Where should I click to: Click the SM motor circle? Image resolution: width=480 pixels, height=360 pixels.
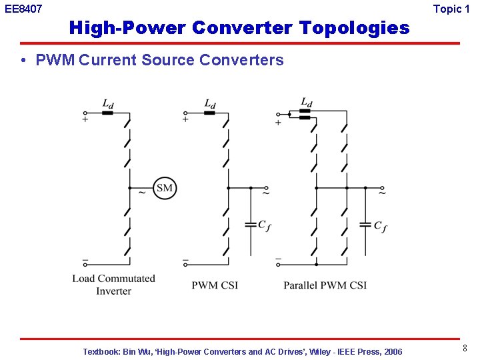point(164,188)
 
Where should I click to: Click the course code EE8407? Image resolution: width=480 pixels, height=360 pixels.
point(23,9)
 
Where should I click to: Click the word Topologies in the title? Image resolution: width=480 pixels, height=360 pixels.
point(355,28)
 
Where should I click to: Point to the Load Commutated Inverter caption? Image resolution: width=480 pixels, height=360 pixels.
point(113,285)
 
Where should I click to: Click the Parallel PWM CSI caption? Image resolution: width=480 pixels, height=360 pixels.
point(325,285)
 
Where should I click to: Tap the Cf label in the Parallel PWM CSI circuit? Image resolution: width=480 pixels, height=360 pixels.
point(380,227)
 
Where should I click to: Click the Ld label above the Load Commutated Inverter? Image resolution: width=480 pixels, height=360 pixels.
point(107,103)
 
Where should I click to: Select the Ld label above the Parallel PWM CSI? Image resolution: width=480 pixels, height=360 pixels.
point(306,102)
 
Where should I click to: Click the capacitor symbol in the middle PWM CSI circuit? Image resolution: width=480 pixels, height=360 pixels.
point(251,225)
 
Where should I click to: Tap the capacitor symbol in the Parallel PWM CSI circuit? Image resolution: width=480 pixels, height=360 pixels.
point(365,225)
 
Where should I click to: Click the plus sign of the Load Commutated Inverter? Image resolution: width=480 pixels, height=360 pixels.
point(85,119)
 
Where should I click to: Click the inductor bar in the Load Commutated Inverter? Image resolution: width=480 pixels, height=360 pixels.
point(107,113)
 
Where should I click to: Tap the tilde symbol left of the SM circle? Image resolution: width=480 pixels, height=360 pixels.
point(141,193)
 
